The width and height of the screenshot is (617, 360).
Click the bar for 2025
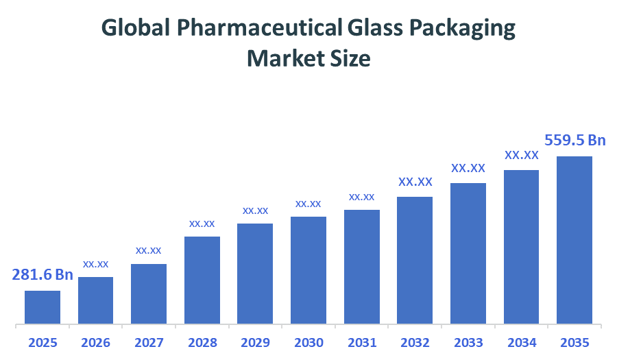(43, 307)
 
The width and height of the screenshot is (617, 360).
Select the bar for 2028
(202, 280)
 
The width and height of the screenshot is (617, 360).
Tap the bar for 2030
(308, 269)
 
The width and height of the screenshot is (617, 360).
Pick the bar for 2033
(468, 253)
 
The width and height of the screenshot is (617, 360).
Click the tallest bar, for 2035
(574, 239)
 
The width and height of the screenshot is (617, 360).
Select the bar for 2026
(95, 300)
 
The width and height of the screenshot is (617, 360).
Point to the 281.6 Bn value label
(43, 275)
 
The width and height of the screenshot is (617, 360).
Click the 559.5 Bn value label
(574, 141)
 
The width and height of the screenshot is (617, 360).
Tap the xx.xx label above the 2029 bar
(255, 211)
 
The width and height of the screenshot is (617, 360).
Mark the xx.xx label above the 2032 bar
(415, 182)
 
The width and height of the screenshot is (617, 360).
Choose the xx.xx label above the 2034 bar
(521, 156)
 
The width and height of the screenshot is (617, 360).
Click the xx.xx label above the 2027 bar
(149, 250)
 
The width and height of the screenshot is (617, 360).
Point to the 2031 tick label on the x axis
(361, 342)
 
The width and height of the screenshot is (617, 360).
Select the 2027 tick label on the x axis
(149, 342)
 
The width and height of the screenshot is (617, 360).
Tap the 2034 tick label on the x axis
(521, 342)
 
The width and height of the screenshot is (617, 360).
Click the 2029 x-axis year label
(255, 342)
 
